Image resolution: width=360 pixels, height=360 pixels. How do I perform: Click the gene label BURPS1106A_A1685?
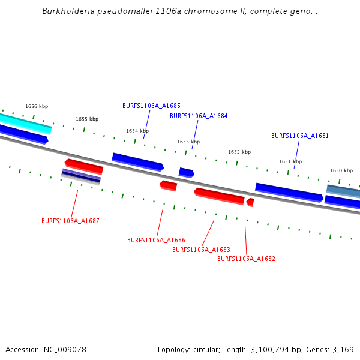coord(151,106)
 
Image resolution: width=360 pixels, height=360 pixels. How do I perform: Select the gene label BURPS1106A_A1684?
coord(199,116)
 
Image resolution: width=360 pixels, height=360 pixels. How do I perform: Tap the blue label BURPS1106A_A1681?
coord(300,136)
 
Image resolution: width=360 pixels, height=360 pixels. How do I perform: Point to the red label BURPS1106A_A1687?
coord(70,221)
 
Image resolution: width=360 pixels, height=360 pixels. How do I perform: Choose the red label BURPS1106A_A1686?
coord(156,240)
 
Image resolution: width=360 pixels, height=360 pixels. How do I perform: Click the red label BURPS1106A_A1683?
coord(201,250)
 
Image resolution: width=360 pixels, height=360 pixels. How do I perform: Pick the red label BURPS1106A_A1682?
coord(246,259)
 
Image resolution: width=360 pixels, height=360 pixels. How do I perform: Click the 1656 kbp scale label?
coord(36,106)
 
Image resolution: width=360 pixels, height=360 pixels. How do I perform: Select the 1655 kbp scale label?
coord(87,119)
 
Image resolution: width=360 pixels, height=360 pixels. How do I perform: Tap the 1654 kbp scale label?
coord(137,131)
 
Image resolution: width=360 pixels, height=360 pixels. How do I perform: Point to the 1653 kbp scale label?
coord(188,142)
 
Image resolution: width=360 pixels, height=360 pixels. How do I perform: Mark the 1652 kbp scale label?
coord(239,152)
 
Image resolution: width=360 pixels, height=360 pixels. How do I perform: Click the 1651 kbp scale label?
coord(290,161)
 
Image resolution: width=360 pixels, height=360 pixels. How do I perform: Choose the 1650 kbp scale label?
coord(341,170)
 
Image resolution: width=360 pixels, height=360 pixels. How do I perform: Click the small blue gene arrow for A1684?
coord(186,173)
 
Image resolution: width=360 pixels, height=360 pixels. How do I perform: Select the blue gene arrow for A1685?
coord(137,161)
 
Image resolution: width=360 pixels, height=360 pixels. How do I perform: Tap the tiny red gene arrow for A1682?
coord(250,202)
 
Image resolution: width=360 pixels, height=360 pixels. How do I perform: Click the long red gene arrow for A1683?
coord(219,196)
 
